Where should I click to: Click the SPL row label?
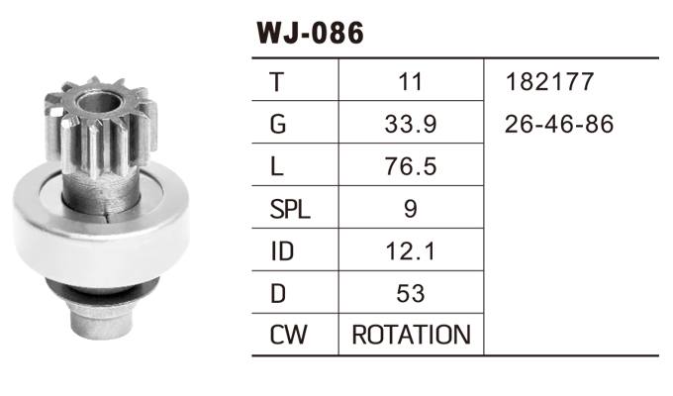tap(288, 210)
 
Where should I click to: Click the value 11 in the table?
tap(410, 82)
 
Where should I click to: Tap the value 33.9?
tap(410, 125)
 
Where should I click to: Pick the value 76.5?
tap(410, 167)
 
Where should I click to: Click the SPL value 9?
tap(410, 210)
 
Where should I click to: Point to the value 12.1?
tap(410, 251)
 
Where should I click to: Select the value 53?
tap(410, 294)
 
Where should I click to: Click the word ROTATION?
tap(411, 336)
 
